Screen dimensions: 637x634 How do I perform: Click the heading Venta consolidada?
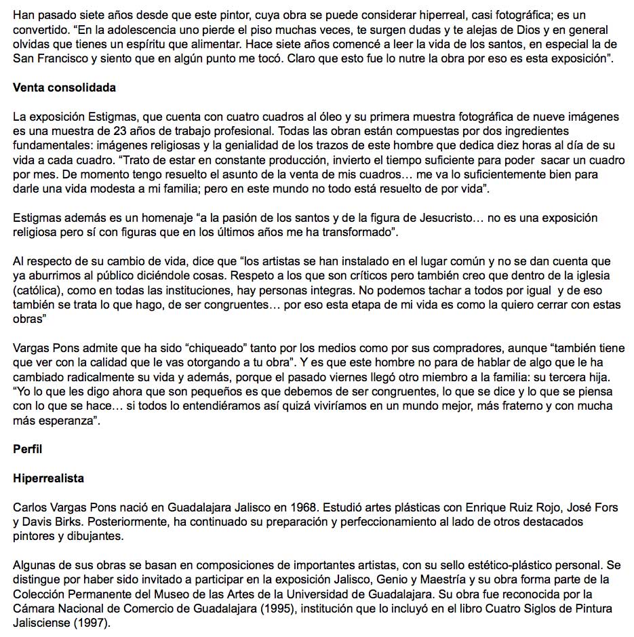[64, 88]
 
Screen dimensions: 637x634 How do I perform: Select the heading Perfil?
[27, 448]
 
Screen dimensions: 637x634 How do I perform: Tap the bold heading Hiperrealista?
[48, 478]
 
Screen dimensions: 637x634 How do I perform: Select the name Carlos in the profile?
[31, 508]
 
